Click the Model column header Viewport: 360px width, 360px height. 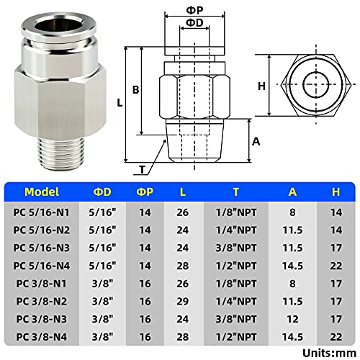point(42,192)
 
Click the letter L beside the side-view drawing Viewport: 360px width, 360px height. point(119,102)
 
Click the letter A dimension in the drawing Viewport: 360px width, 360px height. point(256,141)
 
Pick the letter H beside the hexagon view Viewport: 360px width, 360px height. point(261,86)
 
